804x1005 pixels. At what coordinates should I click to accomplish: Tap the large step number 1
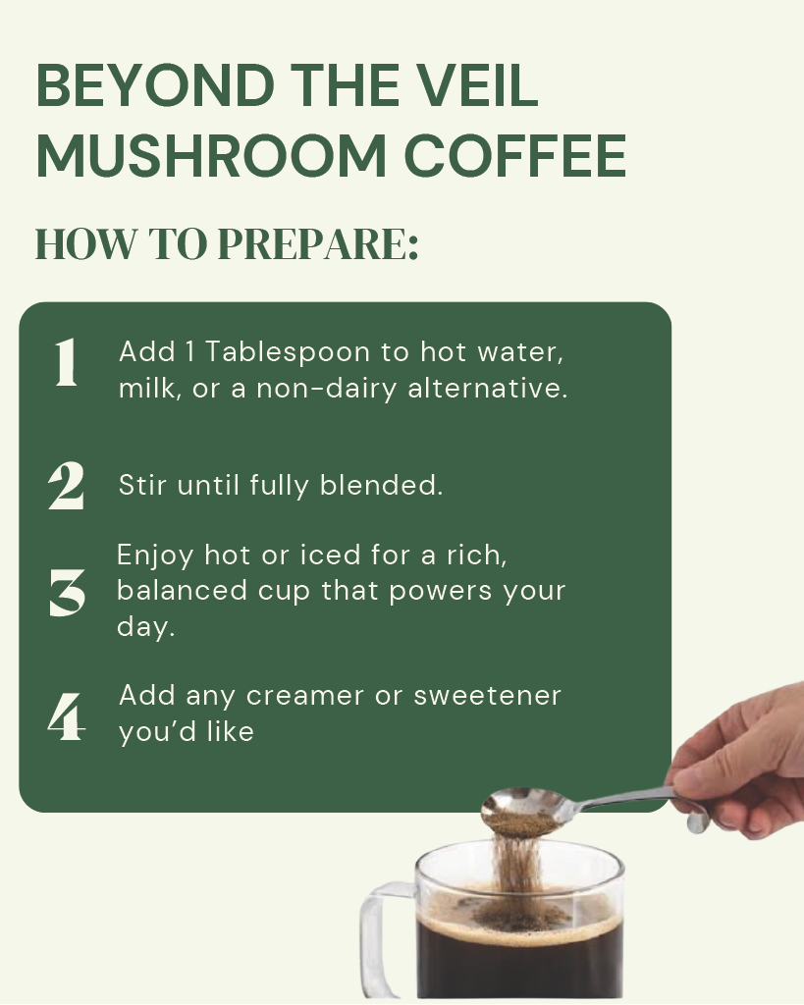click(66, 364)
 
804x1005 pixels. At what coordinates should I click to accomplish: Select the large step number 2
click(66, 486)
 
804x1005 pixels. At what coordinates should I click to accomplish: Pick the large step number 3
click(67, 594)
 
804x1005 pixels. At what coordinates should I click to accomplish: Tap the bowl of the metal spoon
click(518, 810)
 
